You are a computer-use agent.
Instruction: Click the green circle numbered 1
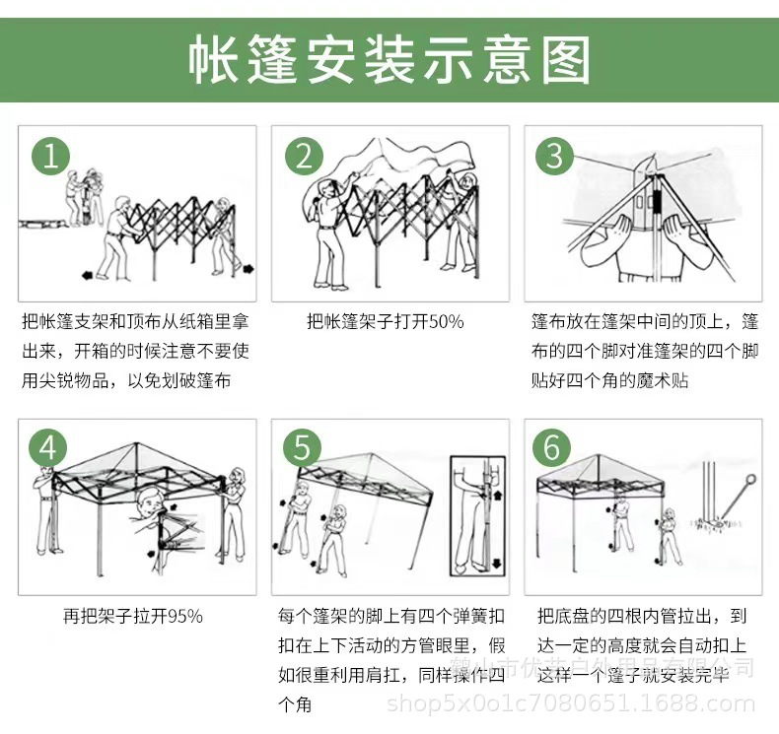(52, 156)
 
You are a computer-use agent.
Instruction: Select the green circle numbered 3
(554, 156)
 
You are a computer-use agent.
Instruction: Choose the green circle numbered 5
(302, 448)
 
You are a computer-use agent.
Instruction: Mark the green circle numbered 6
(551, 448)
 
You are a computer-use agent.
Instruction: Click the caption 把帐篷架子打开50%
(385, 321)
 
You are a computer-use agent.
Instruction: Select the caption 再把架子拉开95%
(133, 616)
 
